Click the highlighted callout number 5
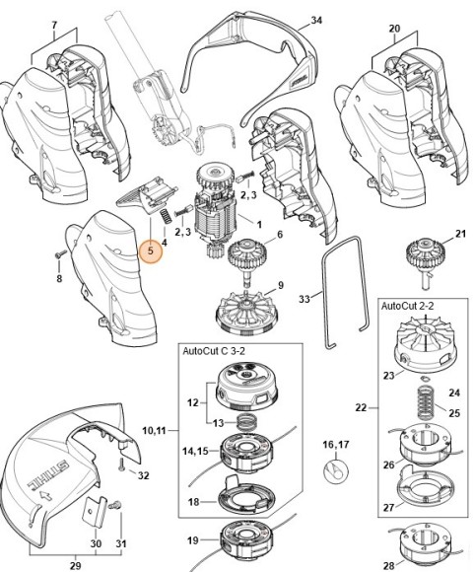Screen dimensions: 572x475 (150, 251)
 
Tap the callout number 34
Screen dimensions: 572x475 (315, 20)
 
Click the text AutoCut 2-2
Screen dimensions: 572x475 (412, 307)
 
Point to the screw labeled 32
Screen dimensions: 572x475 (121, 463)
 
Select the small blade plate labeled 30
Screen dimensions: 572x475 (94, 512)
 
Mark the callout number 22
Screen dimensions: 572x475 (361, 407)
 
